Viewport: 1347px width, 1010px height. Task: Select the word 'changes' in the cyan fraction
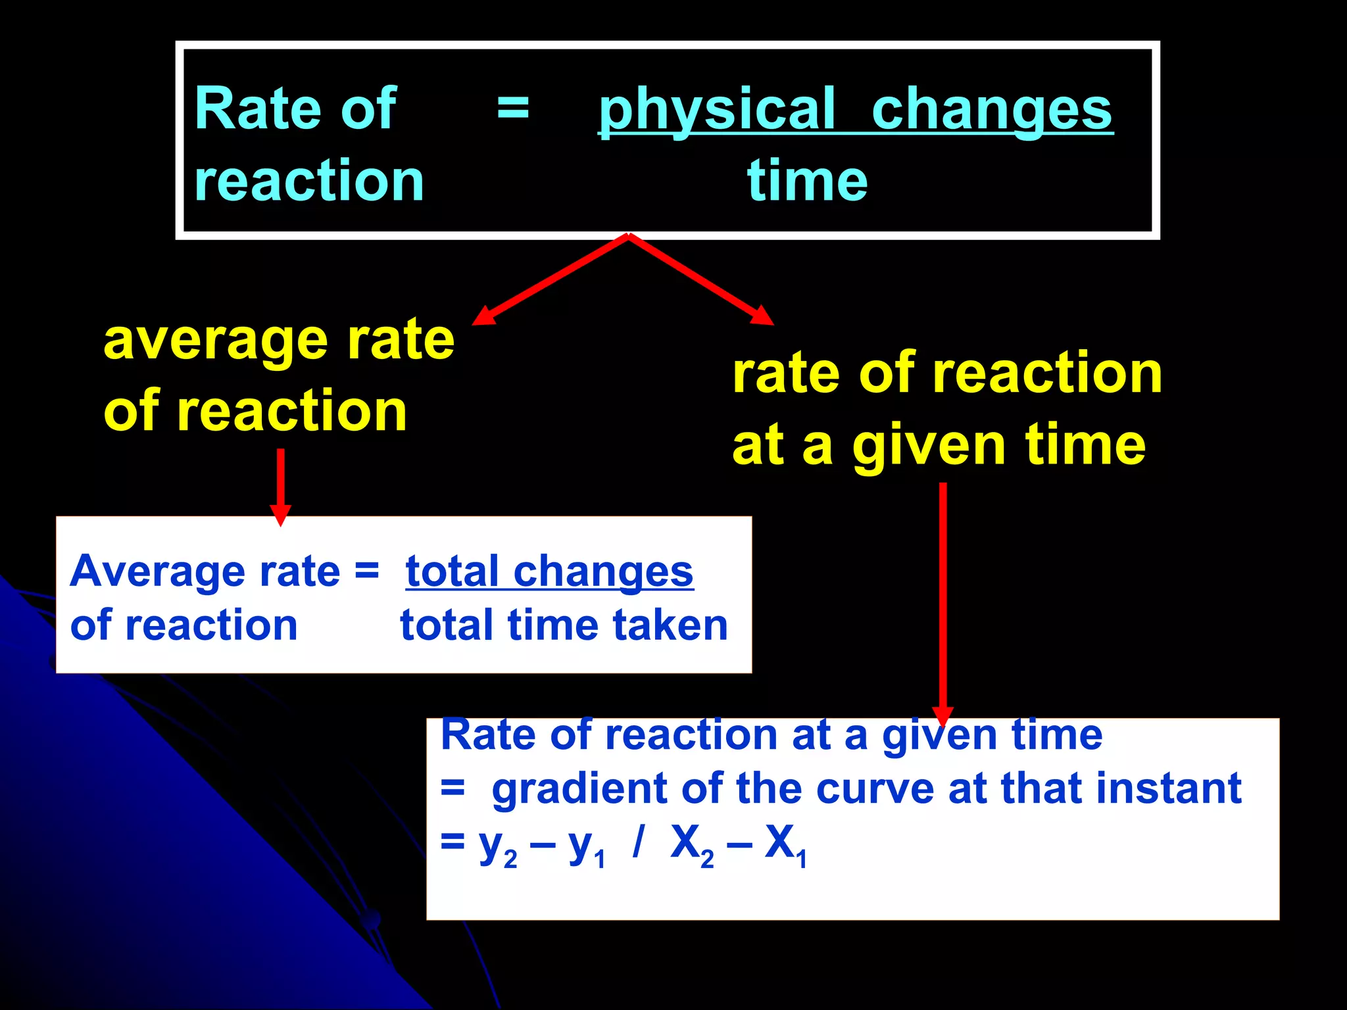(992, 110)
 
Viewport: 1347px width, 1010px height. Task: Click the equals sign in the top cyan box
(512, 108)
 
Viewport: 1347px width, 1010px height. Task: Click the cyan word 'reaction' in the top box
(309, 181)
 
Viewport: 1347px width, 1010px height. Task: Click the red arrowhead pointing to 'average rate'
(484, 316)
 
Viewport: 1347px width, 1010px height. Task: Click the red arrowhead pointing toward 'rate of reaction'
(763, 316)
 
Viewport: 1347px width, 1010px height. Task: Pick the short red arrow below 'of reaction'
(281, 487)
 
